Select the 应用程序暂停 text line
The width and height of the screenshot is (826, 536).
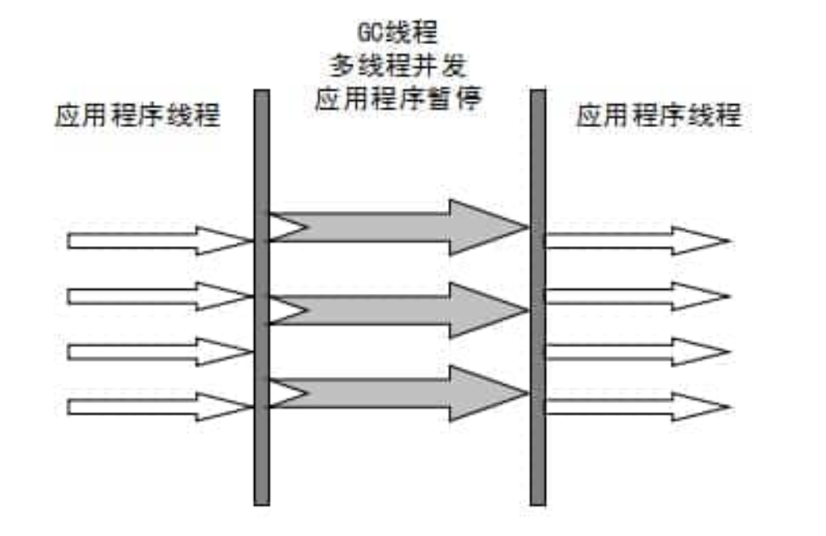pos(399,100)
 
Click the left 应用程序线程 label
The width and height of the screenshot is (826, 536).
pos(137,116)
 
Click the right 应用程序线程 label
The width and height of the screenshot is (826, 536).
pos(659,116)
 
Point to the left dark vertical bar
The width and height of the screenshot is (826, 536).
pos(261,297)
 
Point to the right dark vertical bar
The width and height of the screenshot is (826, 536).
pos(538,297)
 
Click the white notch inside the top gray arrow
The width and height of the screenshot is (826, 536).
pos(283,227)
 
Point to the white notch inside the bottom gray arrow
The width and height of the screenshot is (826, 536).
pos(283,394)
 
